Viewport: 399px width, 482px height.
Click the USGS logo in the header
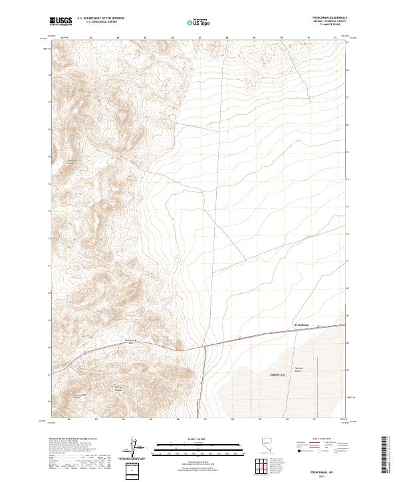coord(61,21)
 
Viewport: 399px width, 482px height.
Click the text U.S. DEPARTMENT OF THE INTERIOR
coord(100,19)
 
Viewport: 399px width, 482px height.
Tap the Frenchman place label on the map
coord(302,324)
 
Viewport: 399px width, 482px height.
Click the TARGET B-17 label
coord(269,375)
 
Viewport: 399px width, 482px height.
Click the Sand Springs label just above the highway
coord(131,342)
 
